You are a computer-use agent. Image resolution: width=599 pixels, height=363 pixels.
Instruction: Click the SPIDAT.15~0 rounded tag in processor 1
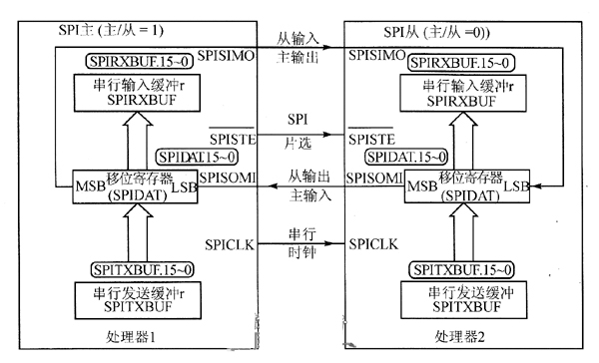coord(197,158)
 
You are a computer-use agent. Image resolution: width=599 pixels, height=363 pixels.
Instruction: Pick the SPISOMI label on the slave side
coord(373,178)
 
